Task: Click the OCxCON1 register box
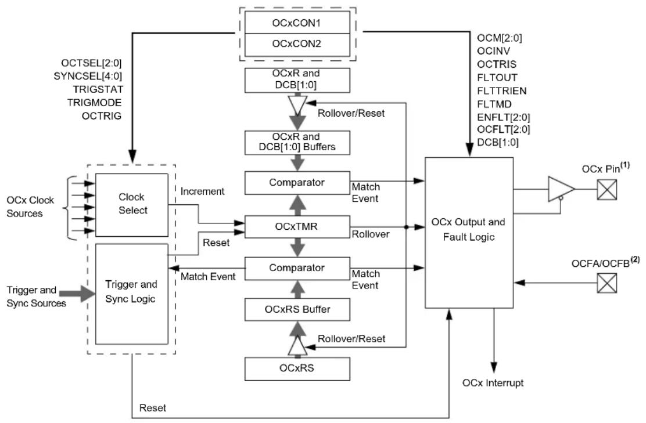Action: coord(297,23)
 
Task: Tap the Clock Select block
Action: coord(132,204)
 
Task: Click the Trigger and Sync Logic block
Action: coord(132,294)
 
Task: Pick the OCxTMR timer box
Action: coord(297,226)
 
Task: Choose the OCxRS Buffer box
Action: coord(297,309)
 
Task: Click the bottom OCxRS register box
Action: coord(297,368)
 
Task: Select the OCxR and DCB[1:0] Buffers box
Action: coord(297,142)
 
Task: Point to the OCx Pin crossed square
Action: coord(607,190)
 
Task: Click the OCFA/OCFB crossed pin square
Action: coord(607,283)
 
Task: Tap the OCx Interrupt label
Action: coord(493,383)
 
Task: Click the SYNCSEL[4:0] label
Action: coord(88,76)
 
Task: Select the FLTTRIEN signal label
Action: coord(502,91)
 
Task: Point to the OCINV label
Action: coord(494,51)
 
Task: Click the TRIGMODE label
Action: coord(95,103)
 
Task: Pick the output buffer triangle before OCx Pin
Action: coord(561,189)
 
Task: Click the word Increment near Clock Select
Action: coord(202,191)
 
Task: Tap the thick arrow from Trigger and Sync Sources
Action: coord(77,294)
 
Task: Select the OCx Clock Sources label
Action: coord(30,207)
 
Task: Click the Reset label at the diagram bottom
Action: coord(152,408)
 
